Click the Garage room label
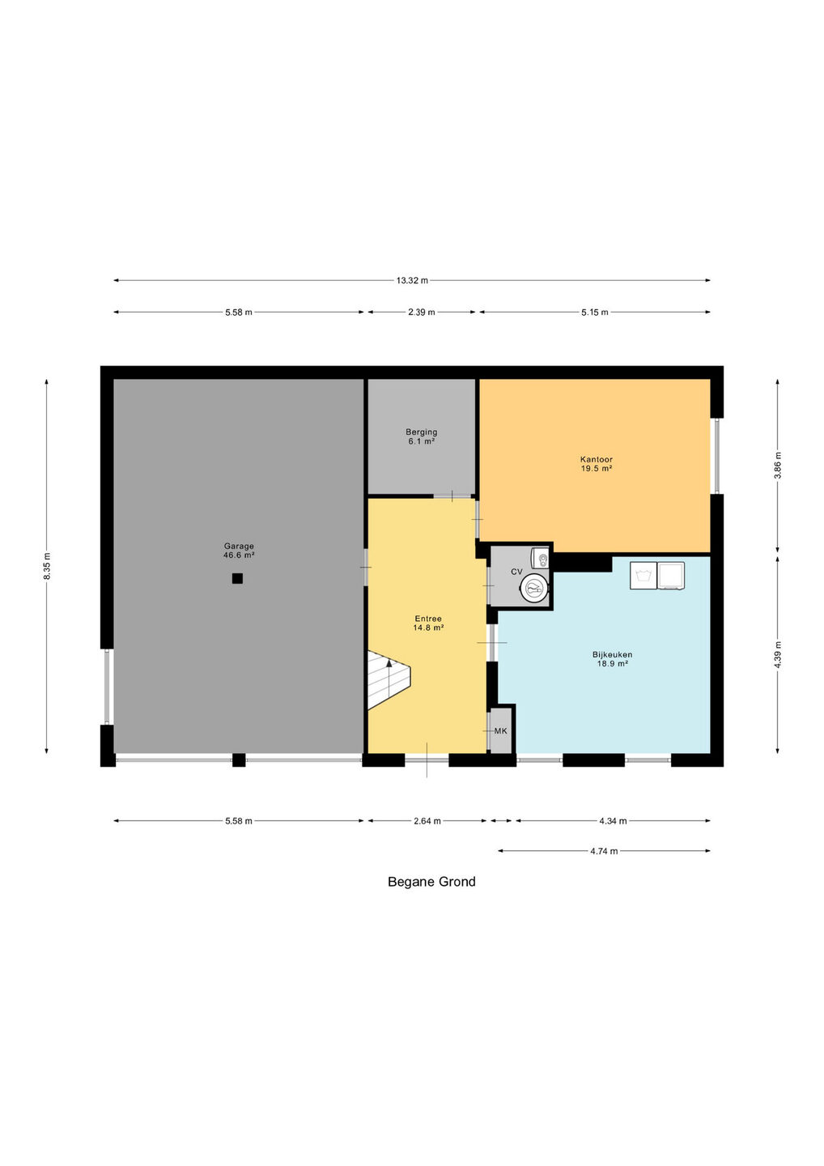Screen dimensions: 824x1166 point(239,551)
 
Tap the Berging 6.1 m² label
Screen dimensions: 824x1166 point(422,436)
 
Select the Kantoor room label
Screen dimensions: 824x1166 point(597,464)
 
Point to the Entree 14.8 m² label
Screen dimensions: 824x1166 point(428,623)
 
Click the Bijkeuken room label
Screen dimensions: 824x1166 point(612,659)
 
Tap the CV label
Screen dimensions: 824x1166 point(516,572)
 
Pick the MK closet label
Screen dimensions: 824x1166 point(500,731)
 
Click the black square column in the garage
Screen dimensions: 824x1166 point(237,578)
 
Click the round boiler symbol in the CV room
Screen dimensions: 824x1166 point(533,588)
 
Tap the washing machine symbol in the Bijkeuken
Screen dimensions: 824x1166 point(643,576)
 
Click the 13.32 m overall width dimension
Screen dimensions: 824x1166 point(412,280)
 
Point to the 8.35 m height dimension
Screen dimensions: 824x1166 point(47,566)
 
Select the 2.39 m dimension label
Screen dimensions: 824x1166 point(422,313)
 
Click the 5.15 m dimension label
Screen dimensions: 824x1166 point(595,313)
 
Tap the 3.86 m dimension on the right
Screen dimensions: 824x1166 point(778,466)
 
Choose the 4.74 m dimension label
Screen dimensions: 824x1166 point(604,851)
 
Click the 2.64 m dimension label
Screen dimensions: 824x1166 point(427,821)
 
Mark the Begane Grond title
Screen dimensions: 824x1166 point(431,882)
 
